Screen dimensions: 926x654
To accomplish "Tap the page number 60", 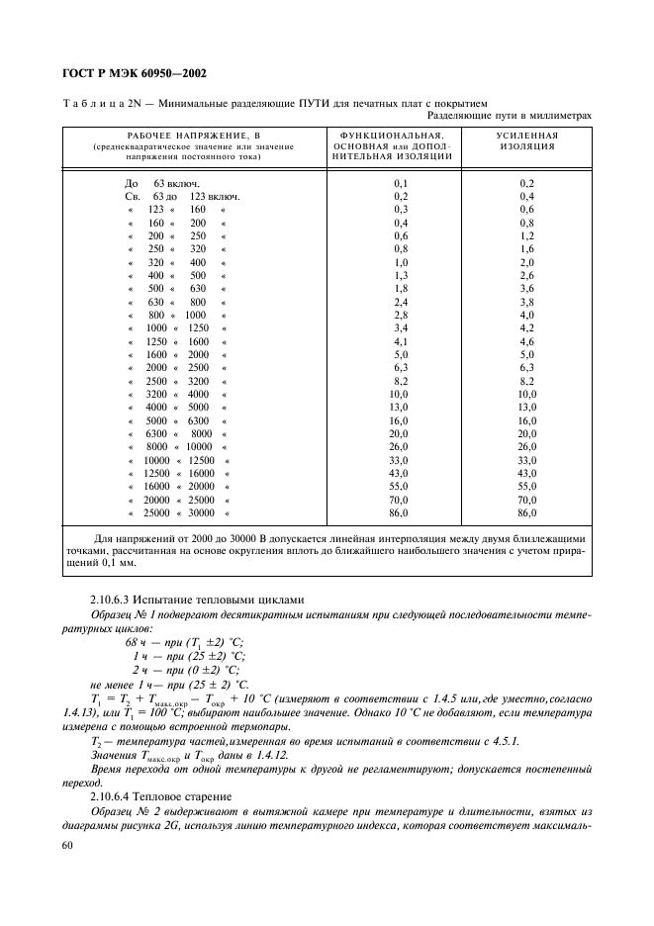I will tap(68, 847).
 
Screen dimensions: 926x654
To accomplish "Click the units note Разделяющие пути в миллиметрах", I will tap(512, 115).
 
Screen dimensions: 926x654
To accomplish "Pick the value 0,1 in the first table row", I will tap(401, 184).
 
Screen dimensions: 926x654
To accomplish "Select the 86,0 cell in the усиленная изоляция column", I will tap(526, 514).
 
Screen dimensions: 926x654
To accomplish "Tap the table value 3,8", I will tap(526, 301).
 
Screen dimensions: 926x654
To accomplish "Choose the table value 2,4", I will tap(401, 301).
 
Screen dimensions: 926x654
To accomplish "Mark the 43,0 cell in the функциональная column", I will tap(401, 475).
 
